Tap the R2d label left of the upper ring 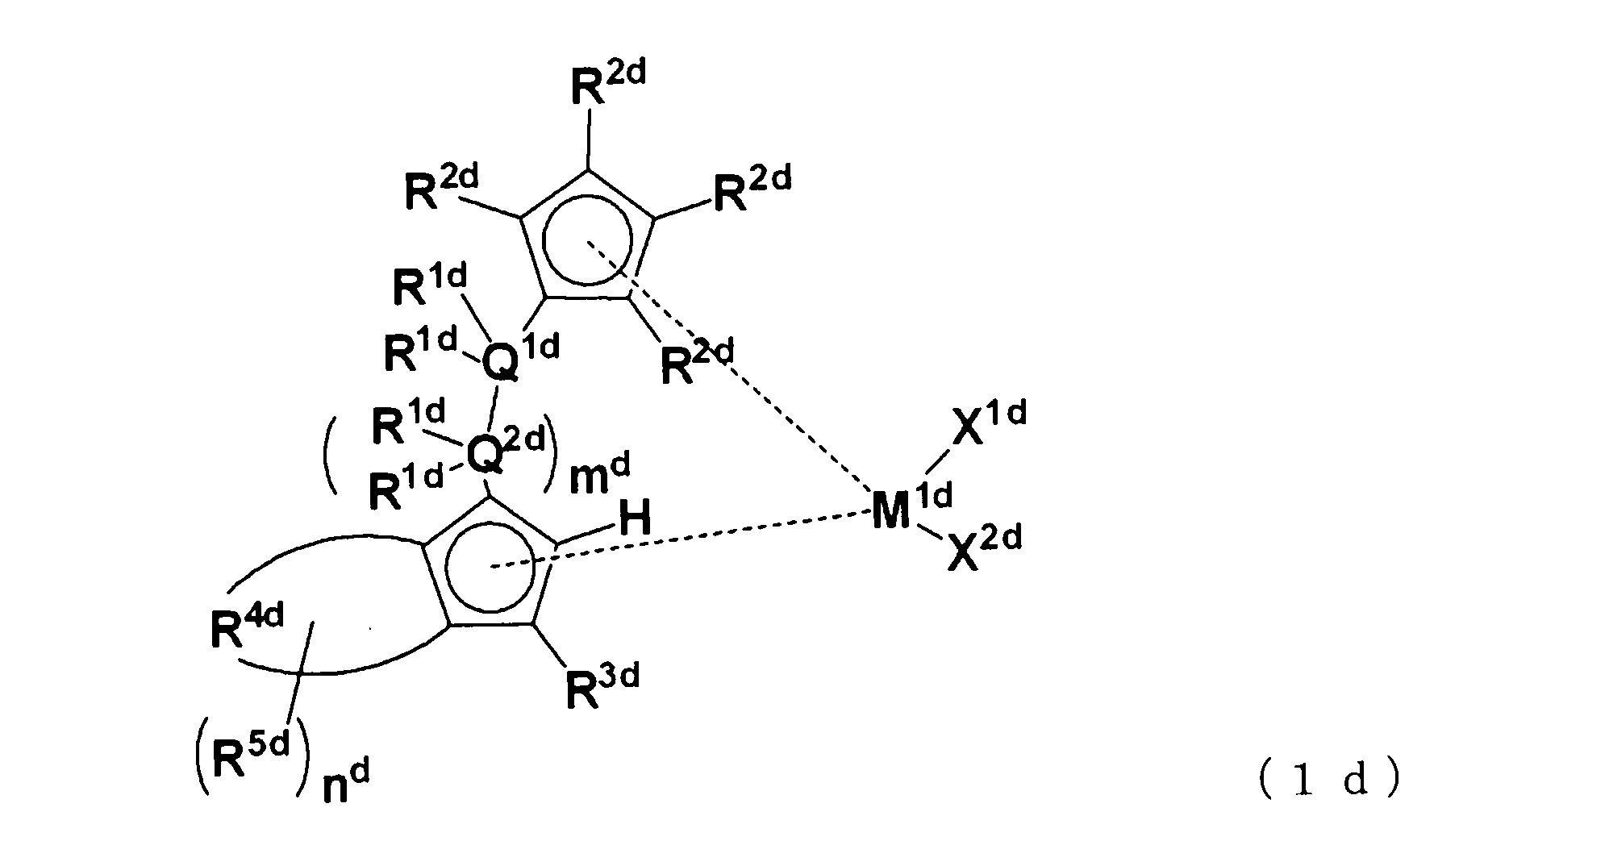(440, 190)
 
